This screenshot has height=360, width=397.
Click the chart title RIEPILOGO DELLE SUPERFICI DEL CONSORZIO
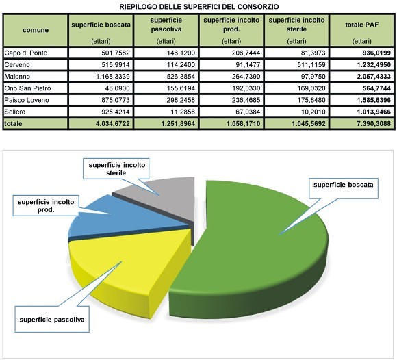click(199, 7)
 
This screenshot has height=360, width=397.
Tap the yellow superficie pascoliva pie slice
click(127, 263)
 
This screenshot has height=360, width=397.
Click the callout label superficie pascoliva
click(52, 320)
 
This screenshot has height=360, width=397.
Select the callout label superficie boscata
click(344, 185)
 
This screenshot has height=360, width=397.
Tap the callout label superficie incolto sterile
click(117, 169)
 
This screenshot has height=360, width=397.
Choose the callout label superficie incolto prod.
click(46, 206)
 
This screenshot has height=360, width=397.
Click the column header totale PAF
click(362, 25)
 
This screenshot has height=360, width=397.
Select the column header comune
click(36, 30)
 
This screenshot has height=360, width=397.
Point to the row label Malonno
click(17, 77)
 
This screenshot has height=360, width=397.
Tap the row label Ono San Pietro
click(27, 88)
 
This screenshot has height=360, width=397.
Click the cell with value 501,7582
click(116, 53)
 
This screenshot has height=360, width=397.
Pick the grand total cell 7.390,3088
click(374, 124)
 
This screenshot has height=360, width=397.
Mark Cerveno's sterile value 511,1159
click(311, 65)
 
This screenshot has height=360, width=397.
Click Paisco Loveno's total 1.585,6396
click(374, 100)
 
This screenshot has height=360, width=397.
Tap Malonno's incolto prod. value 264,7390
click(246, 77)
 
